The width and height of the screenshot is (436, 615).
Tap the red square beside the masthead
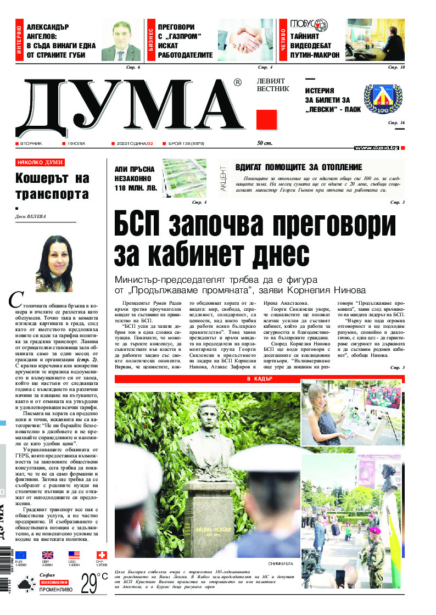tap(266, 119)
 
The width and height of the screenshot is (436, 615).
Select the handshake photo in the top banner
tap(245, 40)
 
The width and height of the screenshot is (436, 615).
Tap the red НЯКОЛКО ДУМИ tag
tap(40, 163)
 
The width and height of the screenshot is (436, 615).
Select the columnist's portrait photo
tap(53, 263)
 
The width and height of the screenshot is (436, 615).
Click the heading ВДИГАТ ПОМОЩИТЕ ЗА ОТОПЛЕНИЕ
tap(299, 167)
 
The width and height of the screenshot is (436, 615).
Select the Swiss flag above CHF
tap(100, 555)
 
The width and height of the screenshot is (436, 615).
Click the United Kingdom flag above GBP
tap(48, 555)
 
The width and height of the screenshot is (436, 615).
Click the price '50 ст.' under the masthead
tap(265, 143)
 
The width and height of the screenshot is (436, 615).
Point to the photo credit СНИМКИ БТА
tap(283, 564)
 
